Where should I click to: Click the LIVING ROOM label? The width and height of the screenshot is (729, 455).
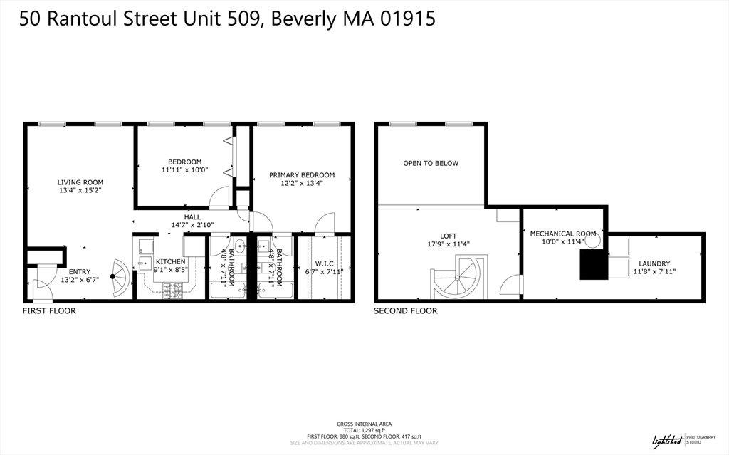[80, 182]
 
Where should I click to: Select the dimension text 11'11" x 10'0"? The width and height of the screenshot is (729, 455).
[184, 170]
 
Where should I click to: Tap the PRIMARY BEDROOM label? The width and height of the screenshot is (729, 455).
[301, 175]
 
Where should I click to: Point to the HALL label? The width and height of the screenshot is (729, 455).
[192, 217]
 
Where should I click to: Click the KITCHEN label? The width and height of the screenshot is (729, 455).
[170, 261]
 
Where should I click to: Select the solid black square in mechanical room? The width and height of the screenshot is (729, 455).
[593, 266]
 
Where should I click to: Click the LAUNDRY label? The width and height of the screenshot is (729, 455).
[654, 263]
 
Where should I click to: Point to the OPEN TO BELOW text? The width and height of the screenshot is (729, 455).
[431, 163]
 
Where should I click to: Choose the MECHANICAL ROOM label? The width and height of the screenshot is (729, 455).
[562, 234]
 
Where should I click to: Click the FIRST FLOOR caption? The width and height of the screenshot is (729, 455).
[49, 311]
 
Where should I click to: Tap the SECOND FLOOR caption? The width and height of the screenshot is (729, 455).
[406, 311]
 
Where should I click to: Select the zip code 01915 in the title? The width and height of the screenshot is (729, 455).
[402, 19]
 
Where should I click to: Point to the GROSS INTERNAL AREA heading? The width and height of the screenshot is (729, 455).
[364, 424]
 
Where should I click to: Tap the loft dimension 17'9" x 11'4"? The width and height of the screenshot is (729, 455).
[448, 244]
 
